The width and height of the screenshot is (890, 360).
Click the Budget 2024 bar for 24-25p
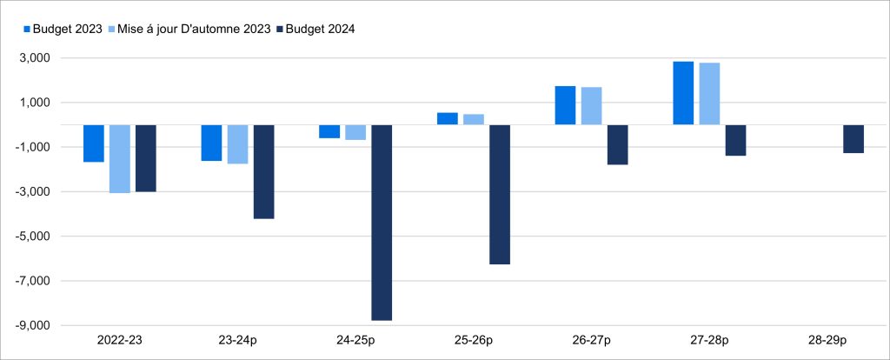382,223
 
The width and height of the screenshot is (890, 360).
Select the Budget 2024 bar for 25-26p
500,194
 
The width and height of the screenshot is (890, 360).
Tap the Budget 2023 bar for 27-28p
683,93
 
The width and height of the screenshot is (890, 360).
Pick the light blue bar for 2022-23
120,158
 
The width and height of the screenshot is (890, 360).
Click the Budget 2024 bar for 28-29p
853,139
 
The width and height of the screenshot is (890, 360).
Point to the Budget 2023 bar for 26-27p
565,105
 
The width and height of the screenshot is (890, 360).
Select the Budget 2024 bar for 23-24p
263,171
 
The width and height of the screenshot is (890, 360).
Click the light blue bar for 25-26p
474,119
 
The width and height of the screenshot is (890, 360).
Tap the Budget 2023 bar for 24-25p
329,131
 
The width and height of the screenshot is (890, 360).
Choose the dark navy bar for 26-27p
618,144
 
